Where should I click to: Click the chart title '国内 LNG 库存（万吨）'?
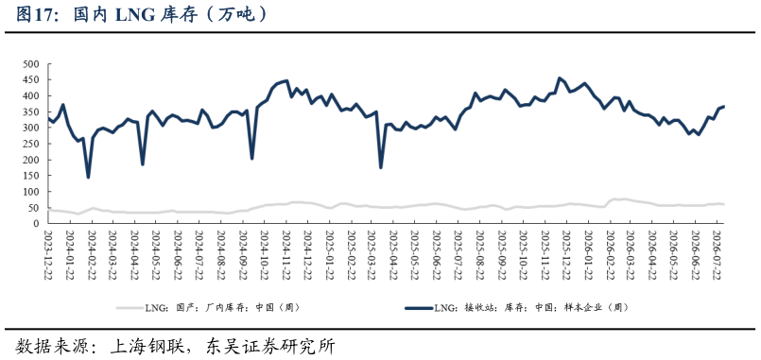pyautogui.click(x=170, y=14)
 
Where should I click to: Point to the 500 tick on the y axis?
pyautogui.click(x=31, y=64)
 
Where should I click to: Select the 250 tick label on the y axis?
pyautogui.click(x=31, y=145)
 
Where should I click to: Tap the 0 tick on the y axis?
pyautogui.click(x=37, y=224)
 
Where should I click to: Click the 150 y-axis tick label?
pyautogui.click(x=31, y=176)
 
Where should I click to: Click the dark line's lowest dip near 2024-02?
pyautogui.click(x=88, y=177)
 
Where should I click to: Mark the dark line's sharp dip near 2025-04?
pyautogui.click(x=380, y=167)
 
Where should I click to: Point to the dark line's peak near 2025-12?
pyautogui.click(x=559, y=78)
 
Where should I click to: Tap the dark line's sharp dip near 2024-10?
pyautogui.click(x=251, y=158)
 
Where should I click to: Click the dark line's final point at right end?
pyautogui.click(x=723, y=106)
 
